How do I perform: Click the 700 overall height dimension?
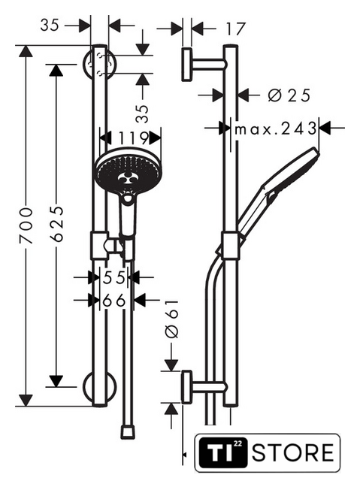tap(26, 225)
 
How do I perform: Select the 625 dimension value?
tap(57, 224)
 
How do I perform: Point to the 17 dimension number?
tap(236, 29)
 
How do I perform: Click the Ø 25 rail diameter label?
tap(289, 95)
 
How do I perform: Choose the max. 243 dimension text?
tap(276, 129)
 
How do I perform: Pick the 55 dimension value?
tap(114, 277)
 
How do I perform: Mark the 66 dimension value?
tap(114, 301)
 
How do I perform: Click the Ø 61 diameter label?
tap(171, 319)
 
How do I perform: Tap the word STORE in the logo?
tap(293, 452)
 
